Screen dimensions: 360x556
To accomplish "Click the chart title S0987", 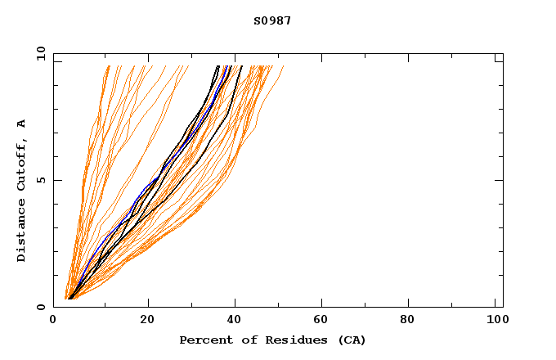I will pos(272,20).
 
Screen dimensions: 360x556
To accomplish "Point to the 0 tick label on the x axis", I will pos(53,321).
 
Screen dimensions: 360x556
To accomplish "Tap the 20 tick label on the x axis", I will pos(146,321).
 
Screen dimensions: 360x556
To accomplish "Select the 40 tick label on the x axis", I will pos(235,321).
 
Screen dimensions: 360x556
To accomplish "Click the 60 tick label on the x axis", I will pos(323,321).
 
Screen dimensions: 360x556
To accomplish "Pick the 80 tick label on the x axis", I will pos(411,321).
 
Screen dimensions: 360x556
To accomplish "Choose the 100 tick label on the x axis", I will pos(495,321).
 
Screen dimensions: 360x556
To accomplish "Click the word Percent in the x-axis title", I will pos(203,340).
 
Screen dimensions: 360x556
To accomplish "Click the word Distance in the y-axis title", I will pos(21,228).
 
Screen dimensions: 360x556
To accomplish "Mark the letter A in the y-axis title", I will pos(21,124).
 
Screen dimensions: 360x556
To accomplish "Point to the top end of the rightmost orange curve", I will pos(284,66).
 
